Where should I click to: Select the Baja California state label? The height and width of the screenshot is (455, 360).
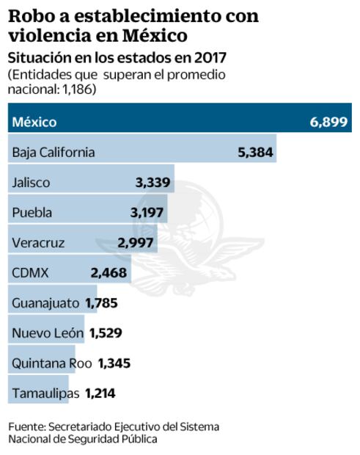(x=54, y=153)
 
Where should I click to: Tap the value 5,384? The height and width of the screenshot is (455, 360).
(x=255, y=153)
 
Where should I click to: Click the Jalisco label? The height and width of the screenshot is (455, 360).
(x=32, y=183)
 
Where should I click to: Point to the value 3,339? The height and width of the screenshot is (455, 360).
(x=153, y=183)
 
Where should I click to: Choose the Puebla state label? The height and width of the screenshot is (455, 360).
(x=32, y=213)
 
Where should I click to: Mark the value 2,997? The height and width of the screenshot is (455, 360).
(x=136, y=243)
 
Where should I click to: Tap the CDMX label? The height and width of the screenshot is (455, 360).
(x=31, y=273)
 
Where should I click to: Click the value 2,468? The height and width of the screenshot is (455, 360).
(x=109, y=273)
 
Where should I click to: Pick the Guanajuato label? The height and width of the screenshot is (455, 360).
(x=45, y=303)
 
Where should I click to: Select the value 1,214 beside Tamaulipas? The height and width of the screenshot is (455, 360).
(x=100, y=393)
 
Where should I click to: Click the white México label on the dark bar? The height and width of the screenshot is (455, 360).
(x=34, y=123)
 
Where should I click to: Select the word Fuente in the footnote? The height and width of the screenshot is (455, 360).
(x=26, y=426)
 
